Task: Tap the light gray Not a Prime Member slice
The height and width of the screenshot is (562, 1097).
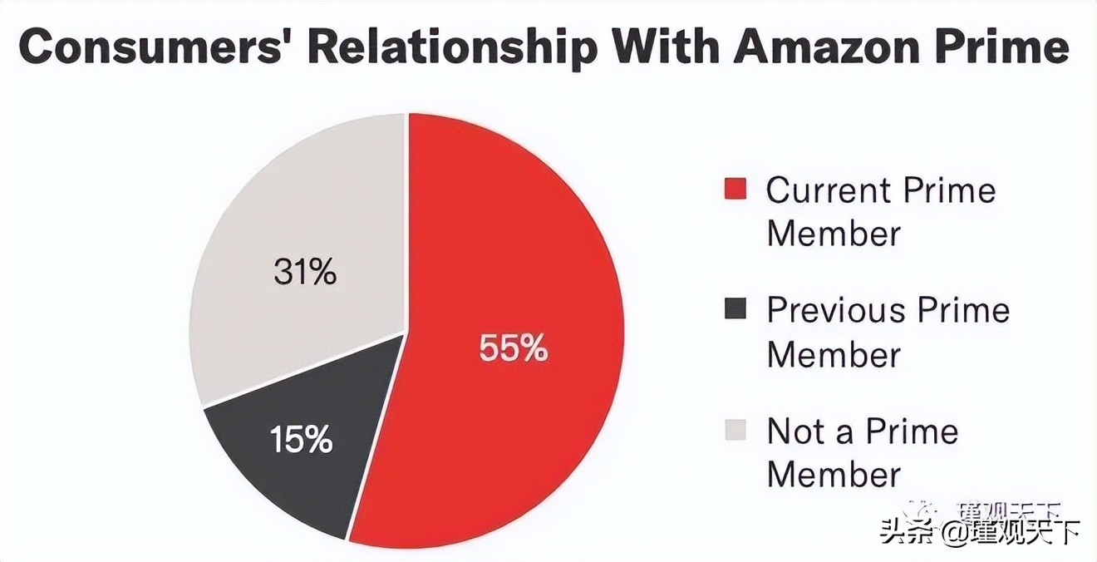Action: tap(274, 216)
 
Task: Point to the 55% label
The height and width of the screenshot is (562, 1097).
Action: tap(513, 348)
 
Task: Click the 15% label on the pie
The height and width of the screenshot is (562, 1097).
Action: tap(301, 439)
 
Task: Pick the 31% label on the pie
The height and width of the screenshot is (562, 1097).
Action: tap(305, 272)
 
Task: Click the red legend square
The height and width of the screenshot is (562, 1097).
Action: tap(735, 190)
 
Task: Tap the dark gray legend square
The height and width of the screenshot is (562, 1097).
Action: tap(735, 310)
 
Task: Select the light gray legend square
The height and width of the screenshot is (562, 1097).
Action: tap(735, 431)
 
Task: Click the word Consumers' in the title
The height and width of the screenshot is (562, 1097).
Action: tap(149, 49)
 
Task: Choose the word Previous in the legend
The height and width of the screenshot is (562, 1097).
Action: tap(835, 311)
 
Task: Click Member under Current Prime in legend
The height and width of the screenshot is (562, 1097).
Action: tap(834, 234)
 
